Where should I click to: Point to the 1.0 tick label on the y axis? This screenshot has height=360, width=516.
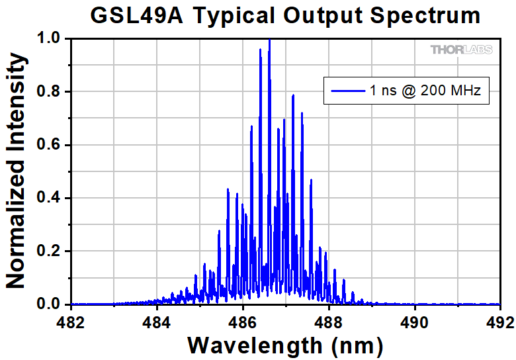tap(50, 39)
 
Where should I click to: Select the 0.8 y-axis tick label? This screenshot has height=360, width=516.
tap(50, 92)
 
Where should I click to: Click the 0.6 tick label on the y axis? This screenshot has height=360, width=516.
tap(50, 145)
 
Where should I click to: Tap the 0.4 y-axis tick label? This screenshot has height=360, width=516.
tap(50, 198)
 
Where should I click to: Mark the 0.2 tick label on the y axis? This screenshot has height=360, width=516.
tap(50, 251)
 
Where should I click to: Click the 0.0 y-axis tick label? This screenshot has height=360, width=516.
tap(50, 304)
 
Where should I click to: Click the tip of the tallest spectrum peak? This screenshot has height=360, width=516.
tap(269, 40)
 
